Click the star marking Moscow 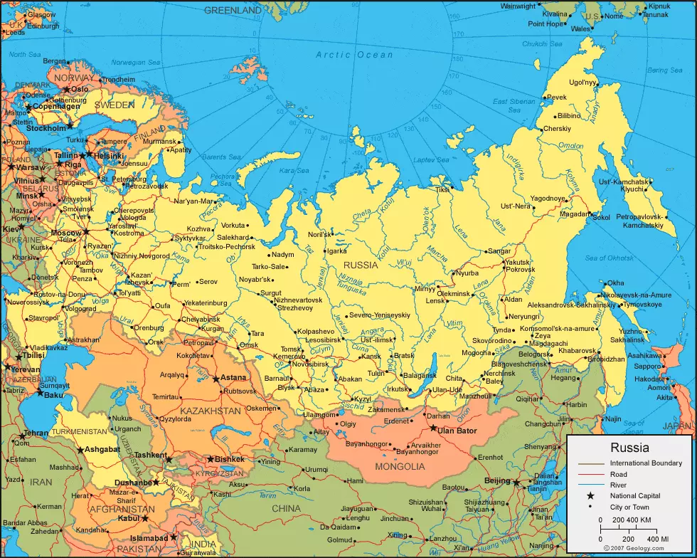[86, 231]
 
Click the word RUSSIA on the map [361, 265]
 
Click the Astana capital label [234, 377]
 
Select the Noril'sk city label [320, 234]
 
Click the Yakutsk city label [518, 262]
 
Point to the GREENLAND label [233, 11]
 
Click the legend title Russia [629, 448]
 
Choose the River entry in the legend [619, 485]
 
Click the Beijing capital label [497, 481]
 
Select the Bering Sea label [665, 70]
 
